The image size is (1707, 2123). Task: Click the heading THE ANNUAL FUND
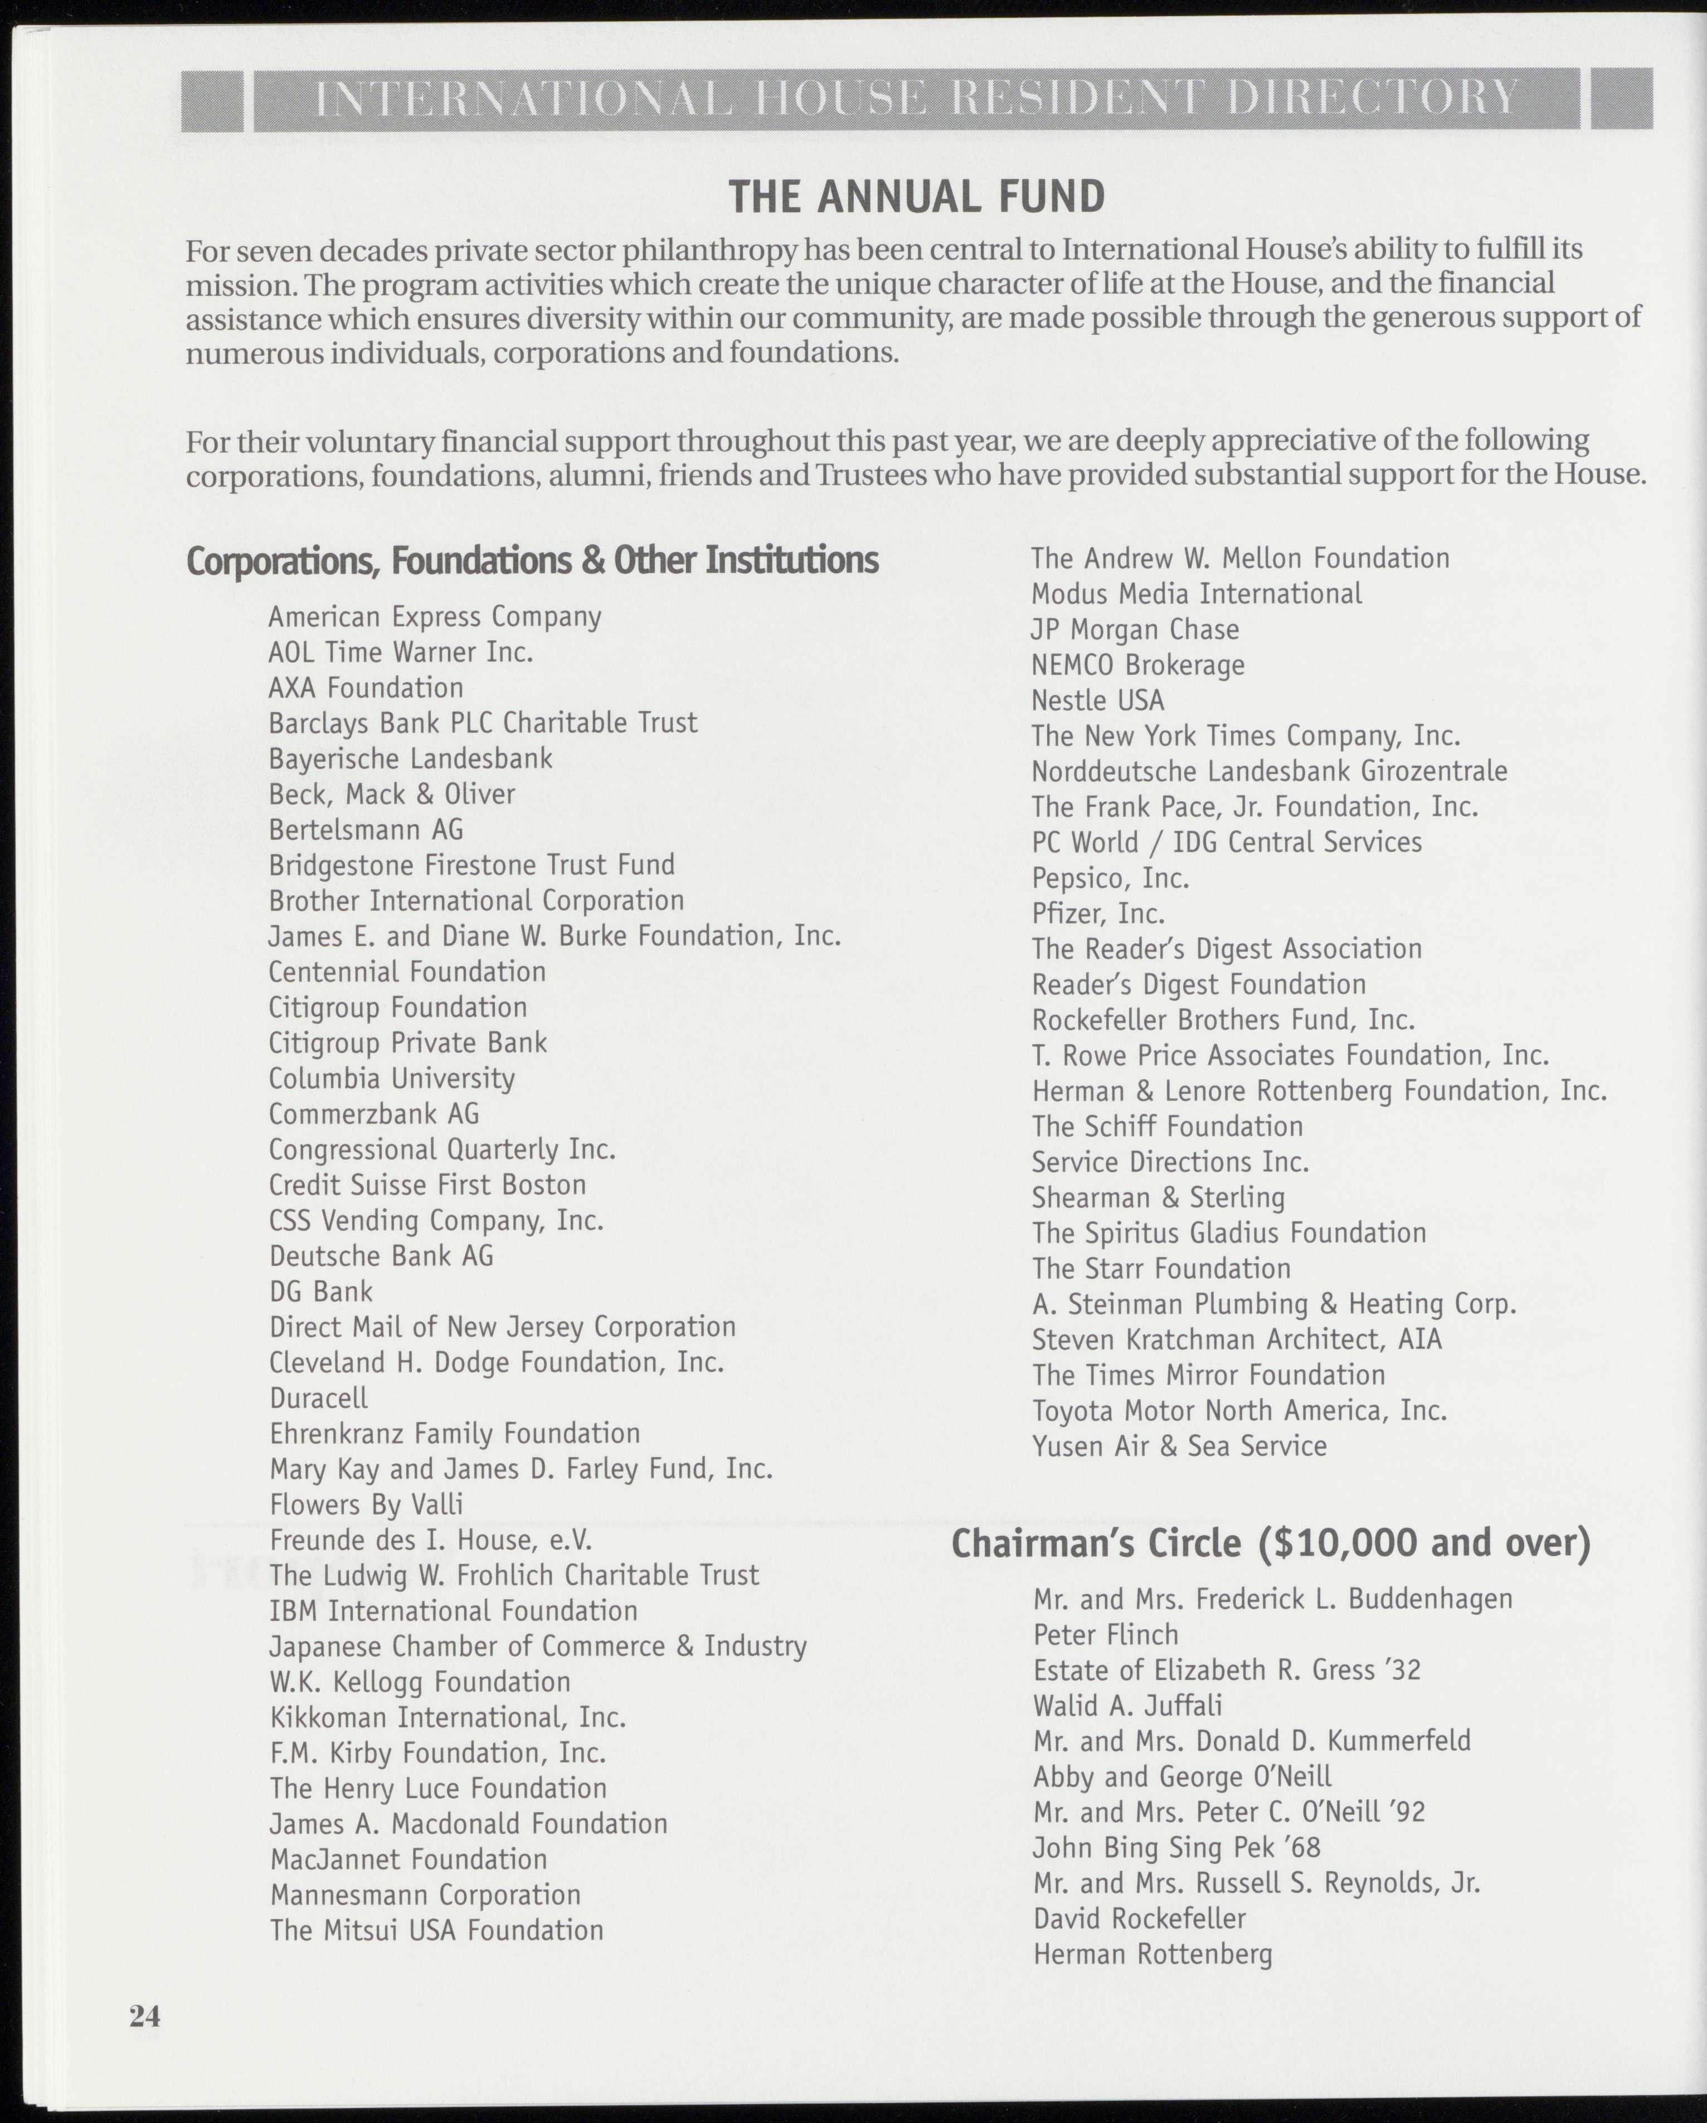(916, 197)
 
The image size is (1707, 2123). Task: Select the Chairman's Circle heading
(1271, 1543)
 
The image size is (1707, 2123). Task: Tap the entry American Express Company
(434, 617)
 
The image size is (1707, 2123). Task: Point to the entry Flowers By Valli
(366, 1504)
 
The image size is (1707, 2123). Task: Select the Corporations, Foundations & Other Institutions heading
(532, 561)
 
